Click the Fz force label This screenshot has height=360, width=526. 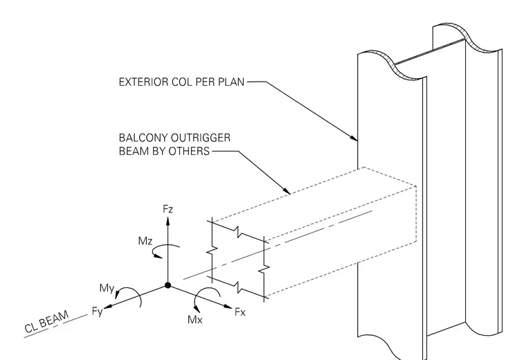[x=167, y=209]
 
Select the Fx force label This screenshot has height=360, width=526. [x=240, y=312]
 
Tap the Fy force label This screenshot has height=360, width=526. [x=98, y=312]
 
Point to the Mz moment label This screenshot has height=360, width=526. [x=145, y=241]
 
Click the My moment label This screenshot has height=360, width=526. [x=107, y=288]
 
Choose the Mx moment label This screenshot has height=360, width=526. [x=195, y=320]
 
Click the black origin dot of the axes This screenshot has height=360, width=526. [x=167, y=285]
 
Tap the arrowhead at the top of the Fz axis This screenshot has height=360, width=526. [x=167, y=221]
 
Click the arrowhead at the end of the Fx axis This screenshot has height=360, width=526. [x=228, y=306]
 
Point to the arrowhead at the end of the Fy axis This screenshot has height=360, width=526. [x=108, y=306]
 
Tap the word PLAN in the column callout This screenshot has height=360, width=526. [x=231, y=82]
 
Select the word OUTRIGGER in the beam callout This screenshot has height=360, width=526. [x=200, y=138]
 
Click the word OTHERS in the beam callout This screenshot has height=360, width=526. [x=189, y=152]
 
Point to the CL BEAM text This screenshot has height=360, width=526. [x=46, y=321]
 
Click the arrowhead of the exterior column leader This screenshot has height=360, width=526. [x=353, y=138]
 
